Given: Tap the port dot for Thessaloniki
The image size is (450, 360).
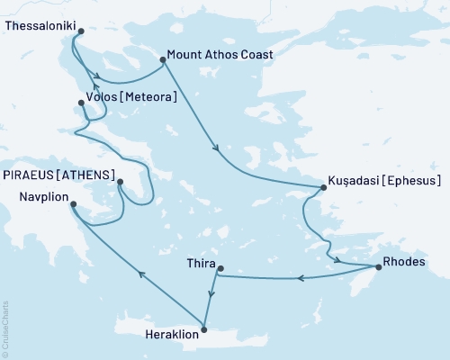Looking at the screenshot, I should pos(81,31).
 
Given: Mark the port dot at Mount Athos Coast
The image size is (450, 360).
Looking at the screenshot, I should pos(163,60).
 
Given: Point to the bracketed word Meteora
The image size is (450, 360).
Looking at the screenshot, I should pos(147,95).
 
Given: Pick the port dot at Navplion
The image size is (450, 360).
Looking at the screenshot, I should pos(74,203).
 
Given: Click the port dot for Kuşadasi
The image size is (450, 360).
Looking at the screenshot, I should pos(322,187).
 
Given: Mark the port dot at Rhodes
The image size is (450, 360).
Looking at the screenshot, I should pos(377,267).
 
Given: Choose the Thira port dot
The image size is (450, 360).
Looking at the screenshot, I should pos(220,266).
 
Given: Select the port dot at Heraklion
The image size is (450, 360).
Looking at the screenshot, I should pos(205,328).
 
